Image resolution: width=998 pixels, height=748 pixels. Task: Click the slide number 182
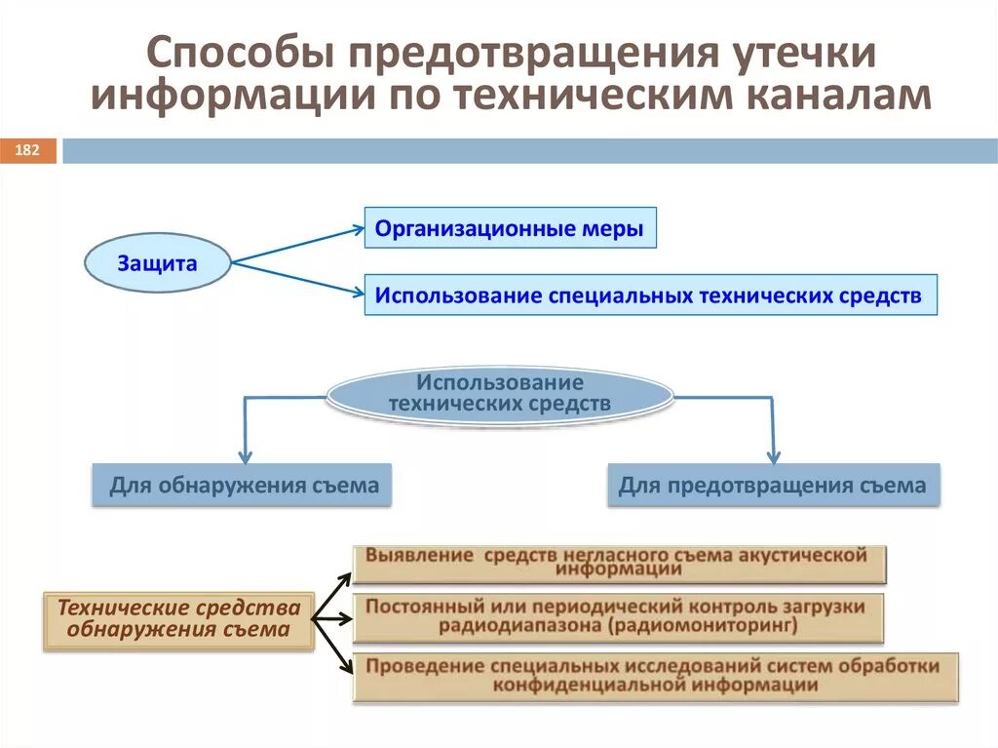27,150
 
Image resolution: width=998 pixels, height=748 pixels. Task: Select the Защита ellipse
158,263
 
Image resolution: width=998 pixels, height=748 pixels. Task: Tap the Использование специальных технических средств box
650,295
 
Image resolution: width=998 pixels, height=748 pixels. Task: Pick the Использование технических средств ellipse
499,393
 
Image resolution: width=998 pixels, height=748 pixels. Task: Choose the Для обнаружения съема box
243,485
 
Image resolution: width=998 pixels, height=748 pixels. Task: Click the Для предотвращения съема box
773,485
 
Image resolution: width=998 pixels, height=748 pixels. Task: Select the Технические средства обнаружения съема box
178,619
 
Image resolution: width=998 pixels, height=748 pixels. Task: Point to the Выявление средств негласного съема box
619,563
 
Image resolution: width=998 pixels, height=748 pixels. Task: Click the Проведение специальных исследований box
655,677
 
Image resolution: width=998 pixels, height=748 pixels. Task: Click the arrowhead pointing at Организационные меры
355,230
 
